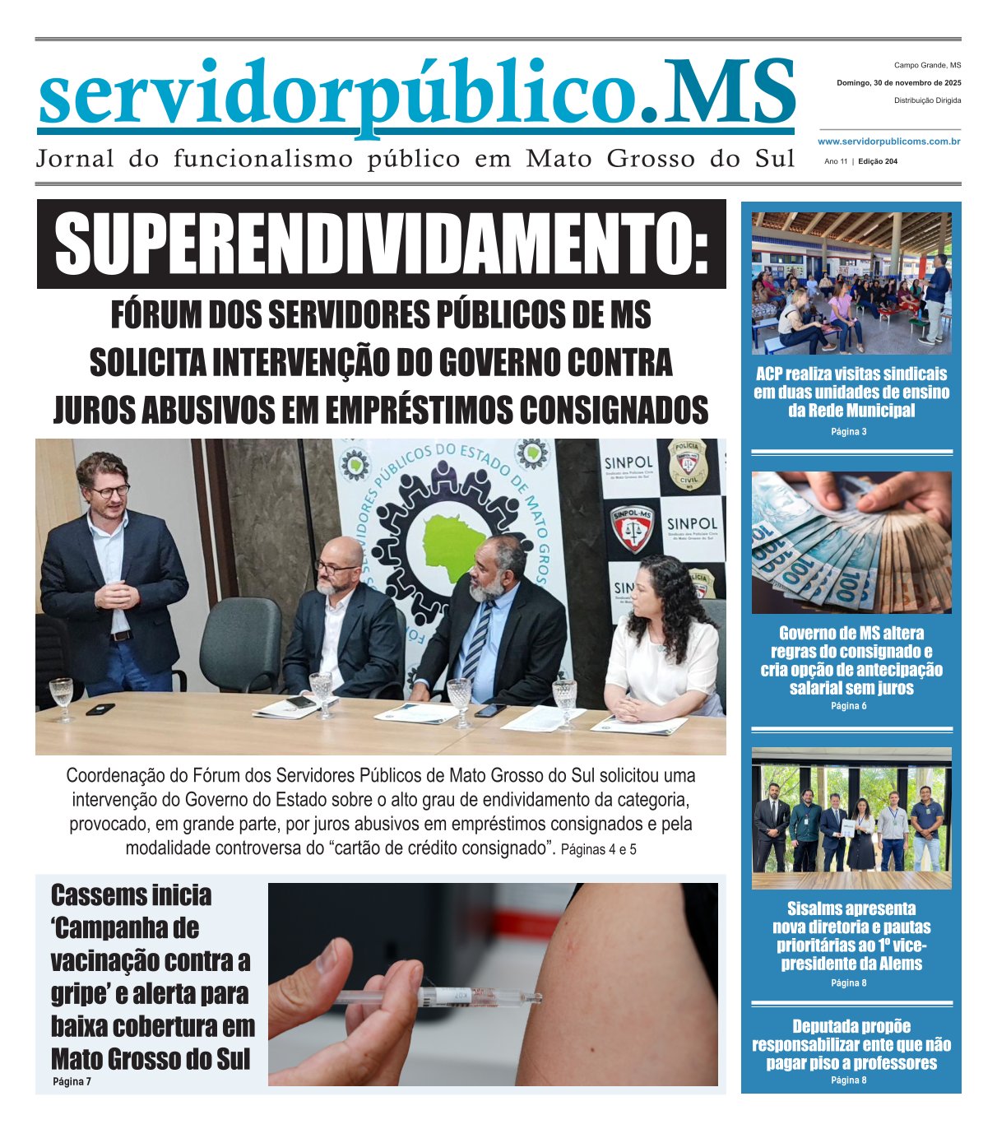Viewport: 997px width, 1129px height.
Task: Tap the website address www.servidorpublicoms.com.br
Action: [889, 142]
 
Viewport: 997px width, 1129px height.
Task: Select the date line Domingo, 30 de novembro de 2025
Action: [898, 83]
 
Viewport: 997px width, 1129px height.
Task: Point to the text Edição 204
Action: [877, 161]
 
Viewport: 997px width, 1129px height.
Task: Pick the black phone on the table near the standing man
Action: [100, 709]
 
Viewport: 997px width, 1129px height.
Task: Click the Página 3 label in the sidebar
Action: [849, 432]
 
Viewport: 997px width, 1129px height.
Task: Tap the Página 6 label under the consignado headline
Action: [849, 706]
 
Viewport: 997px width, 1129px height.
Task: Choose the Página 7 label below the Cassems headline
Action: [72, 1081]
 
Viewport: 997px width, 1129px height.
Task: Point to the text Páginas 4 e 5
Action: [598, 850]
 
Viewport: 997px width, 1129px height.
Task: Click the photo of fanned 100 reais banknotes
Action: [851, 542]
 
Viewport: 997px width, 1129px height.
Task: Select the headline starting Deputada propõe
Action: [851, 1044]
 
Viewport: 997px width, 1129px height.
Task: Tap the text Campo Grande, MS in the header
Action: [927, 65]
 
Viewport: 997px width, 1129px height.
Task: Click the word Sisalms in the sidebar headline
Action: [815, 908]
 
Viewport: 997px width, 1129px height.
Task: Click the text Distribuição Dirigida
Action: [927, 100]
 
